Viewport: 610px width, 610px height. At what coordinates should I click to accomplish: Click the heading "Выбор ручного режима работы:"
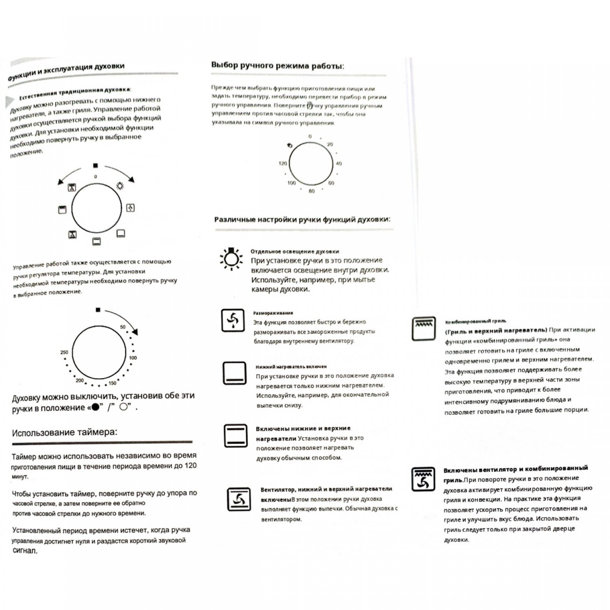(277, 65)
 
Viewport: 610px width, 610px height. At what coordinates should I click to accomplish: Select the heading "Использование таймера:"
(65, 432)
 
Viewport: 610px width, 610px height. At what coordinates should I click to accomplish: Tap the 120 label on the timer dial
(283, 163)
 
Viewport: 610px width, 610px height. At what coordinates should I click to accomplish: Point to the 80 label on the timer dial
(312, 191)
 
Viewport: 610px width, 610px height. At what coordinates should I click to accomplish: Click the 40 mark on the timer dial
(339, 163)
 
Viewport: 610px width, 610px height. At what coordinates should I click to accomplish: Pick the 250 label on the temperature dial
(64, 352)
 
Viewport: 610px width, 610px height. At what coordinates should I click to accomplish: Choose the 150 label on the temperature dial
(112, 383)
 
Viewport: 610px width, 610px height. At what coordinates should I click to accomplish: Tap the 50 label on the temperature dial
(123, 327)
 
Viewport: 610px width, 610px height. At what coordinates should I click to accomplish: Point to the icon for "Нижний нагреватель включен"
(235, 373)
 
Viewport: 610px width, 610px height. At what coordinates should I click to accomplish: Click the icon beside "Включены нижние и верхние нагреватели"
(235, 435)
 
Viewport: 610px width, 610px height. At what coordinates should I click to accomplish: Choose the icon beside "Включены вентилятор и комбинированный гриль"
(423, 479)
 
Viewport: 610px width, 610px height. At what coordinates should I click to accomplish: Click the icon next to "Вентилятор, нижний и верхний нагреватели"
(239, 499)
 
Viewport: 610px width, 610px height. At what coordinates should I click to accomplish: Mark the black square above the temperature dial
(98, 310)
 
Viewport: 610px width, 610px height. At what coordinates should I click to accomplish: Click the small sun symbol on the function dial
(120, 186)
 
